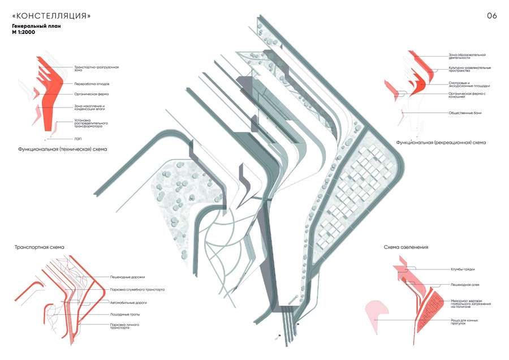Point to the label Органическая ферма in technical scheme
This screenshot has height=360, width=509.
point(91,94)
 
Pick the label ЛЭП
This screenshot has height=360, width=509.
point(77,138)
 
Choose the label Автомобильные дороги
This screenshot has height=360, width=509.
point(130,303)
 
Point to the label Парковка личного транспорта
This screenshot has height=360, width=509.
point(127,326)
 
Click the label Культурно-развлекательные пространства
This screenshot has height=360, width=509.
point(469,70)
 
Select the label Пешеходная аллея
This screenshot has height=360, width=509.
point(467,285)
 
